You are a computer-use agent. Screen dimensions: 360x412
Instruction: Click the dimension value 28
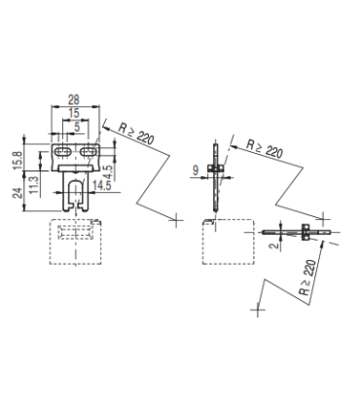point(74,99)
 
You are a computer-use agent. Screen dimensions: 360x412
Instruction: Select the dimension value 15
point(74,113)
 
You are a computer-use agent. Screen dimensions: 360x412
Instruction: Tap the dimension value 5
point(77,127)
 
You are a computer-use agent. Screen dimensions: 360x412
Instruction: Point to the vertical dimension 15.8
point(18,160)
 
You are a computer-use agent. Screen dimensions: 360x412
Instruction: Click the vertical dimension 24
point(18,193)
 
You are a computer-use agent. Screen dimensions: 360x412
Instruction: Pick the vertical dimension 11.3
point(34,185)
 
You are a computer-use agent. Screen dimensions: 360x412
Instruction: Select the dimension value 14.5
point(102,186)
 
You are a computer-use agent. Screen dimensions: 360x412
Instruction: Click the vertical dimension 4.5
point(108,173)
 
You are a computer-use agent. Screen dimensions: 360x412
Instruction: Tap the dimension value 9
point(196,170)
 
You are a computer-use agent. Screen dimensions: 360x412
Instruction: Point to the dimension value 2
point(275,244)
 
